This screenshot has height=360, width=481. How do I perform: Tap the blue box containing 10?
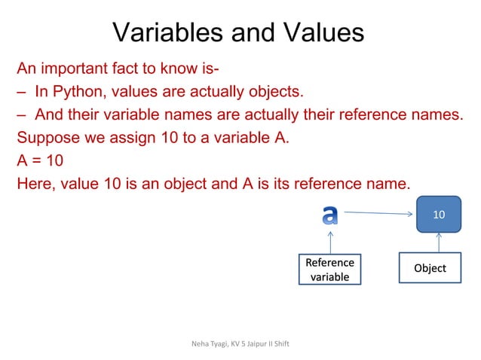pos(438,215)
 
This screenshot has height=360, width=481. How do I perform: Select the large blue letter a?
pos(329,215)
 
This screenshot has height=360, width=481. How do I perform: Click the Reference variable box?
pos(329,270)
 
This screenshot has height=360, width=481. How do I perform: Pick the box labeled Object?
pos(430,268)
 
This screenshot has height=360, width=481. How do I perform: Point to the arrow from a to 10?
pos(377,214)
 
